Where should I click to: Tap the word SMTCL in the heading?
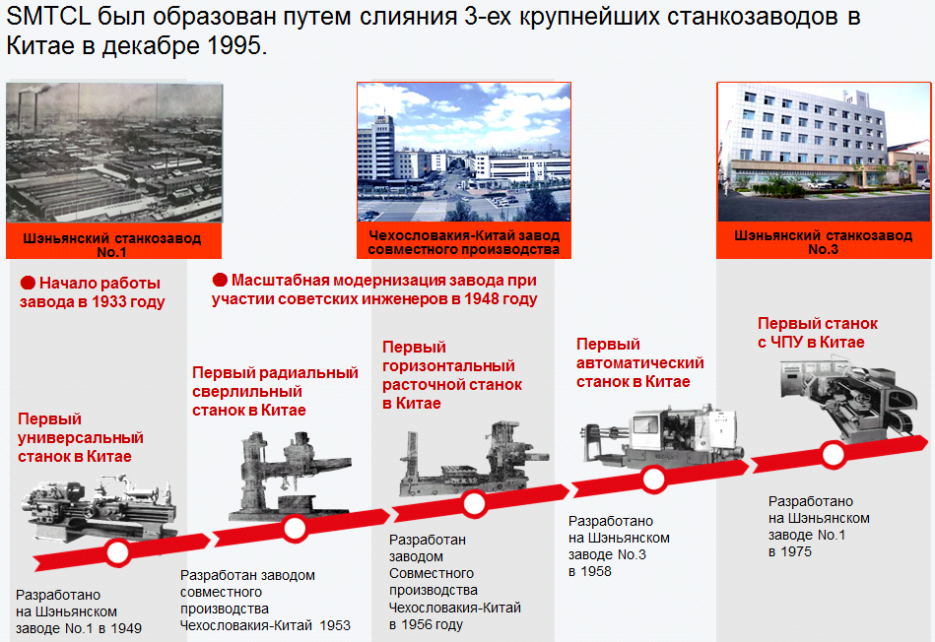pyautogui.click(x=47, y=16)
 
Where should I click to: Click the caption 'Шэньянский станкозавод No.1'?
pyautogui.click(x=112, y=244)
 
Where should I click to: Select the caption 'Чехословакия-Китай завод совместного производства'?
pyautogui.click(x=464, y=242)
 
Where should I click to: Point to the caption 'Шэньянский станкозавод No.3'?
pyautogui.click(x=823, y=242)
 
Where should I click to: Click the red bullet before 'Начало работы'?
pyautogui.click(x=28, y=283)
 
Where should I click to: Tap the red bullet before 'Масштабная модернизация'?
pyautogui.click(x=220, y=279)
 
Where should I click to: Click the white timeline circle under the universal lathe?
pyautogui.click(x=117, y=552)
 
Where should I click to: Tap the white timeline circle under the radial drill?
pyautogui.click(x=295, y=528)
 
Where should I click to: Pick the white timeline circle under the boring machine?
pyautogui.click(x=474, y=504)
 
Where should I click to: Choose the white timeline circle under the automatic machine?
pyautogui.click(x=653, y=480)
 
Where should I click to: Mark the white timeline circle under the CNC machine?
pyautogui.click(x=834, y=455)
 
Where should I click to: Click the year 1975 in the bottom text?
pyautogui.click(x=796, y=552)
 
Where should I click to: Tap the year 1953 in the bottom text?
pyautogui.click(x=335, y=625)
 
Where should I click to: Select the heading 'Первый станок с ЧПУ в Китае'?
pyautogui.click(x=818, y=333)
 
